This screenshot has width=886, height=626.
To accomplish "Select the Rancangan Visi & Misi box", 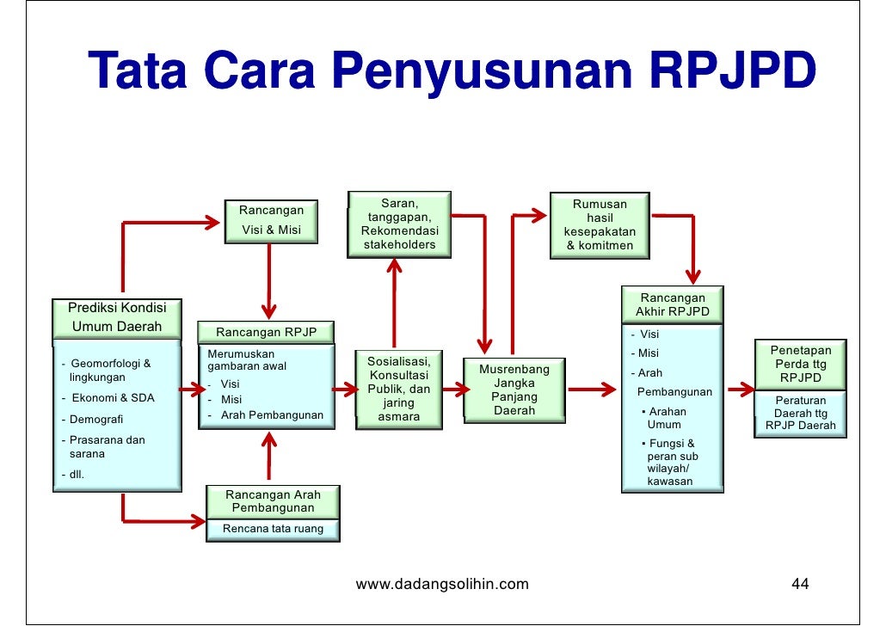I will (x=270, y=220).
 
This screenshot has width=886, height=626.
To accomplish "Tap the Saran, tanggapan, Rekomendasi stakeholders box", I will (x=399, y=224).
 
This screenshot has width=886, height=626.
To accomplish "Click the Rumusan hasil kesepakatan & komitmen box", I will (x=600, y=225).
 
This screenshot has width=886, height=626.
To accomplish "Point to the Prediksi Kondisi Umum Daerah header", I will (x=116, y=317).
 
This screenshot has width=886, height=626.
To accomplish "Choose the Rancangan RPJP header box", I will (x=267, y=333).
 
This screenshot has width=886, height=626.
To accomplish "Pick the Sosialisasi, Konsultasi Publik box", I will (x=398, y=389).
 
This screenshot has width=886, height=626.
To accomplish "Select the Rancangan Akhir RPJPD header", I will (x=672, y=304).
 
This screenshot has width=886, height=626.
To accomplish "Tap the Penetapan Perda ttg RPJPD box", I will (x=800, y=365).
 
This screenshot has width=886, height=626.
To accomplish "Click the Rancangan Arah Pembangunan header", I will (x=273, y=501).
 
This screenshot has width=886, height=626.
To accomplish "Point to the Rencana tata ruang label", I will (x=273, y=529).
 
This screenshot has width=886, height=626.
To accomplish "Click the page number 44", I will (x=800, y=586).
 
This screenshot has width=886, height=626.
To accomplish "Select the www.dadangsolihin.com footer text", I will (x=442, y=586).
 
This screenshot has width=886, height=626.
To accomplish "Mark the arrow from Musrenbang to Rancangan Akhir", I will (x=590, y=390).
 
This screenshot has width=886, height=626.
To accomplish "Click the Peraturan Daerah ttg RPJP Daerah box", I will (x=800, y=414).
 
